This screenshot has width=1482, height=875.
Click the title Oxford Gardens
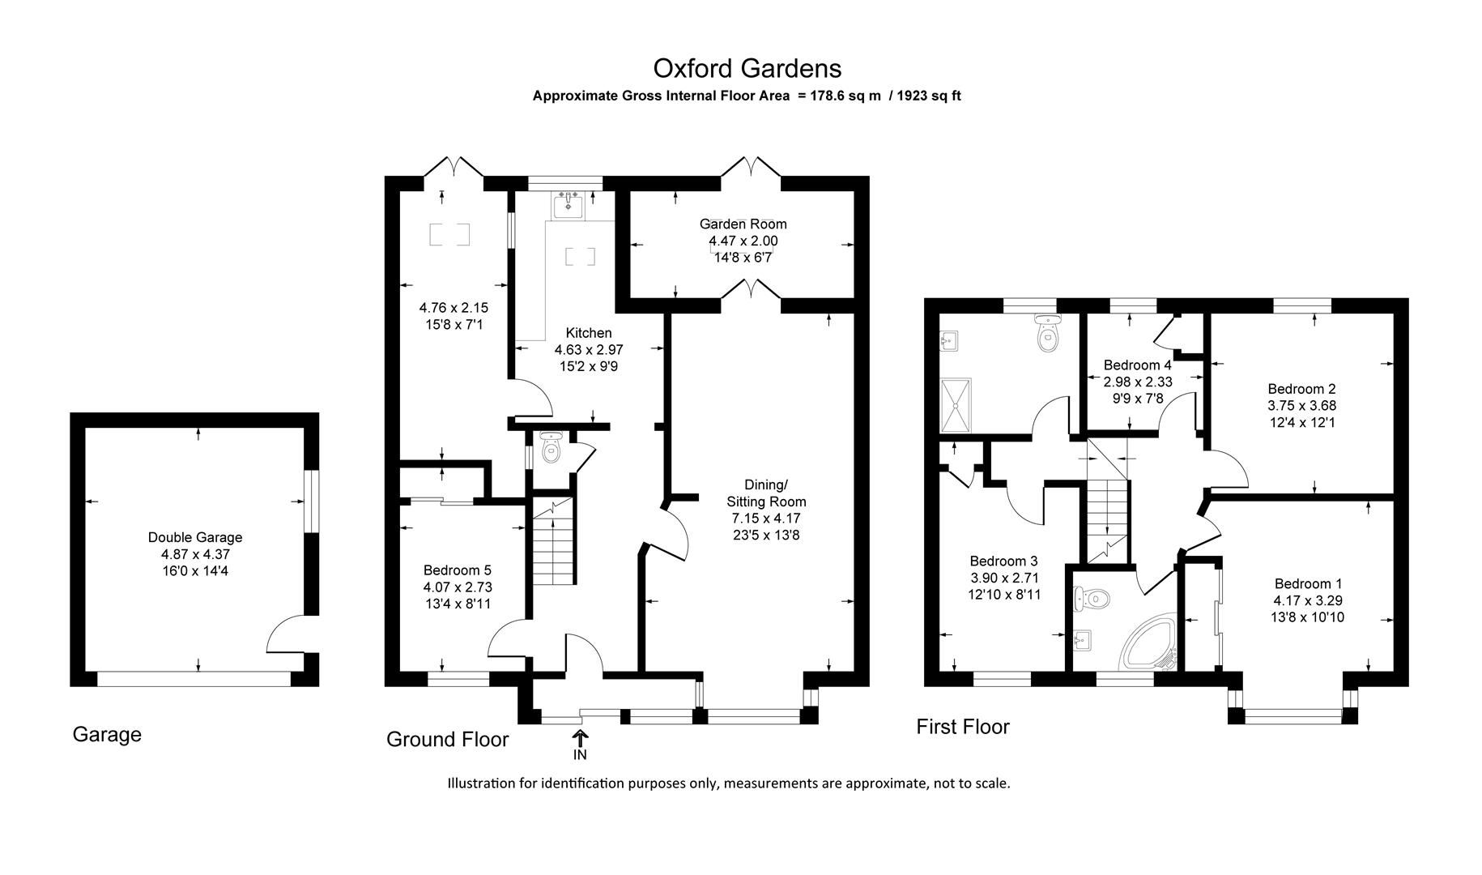(747, 68)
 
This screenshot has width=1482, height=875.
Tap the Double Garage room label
(194, 537)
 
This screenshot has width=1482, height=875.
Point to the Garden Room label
(743, 224)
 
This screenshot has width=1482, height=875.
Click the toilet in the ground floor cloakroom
(550, 448)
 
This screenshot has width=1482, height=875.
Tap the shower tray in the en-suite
(959, 404)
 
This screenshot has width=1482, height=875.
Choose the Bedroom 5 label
(457, 570)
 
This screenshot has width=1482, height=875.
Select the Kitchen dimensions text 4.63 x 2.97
(588, 350)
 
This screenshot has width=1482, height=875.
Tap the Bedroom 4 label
(1137, 365)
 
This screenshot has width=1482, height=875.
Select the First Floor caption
(962, 727)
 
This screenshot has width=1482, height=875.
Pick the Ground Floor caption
(447, 739)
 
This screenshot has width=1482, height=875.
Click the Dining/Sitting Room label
(765, 493)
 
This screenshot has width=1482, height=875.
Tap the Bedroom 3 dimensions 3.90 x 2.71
(1004, 578)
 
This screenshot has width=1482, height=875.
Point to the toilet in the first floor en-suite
(1047, 335)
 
